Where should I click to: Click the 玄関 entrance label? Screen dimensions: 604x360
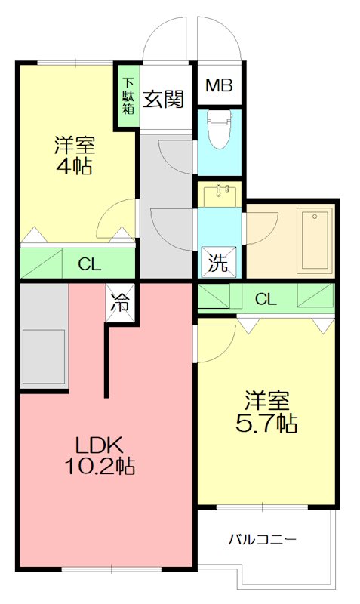165,98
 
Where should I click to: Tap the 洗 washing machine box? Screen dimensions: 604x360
217,263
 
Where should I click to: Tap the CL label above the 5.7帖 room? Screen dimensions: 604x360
265,299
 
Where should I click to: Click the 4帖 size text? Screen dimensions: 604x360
73,166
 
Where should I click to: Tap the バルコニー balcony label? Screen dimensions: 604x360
263,539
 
